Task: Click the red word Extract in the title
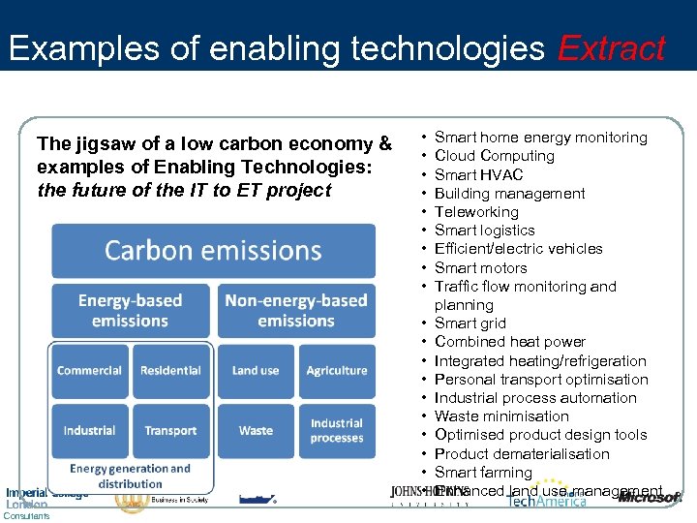pyautogui.click(x=611, y=48)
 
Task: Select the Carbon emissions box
pyautogui.click(x=213, y=251)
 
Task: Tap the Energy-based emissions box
pyautogui.click(x=130, y=311)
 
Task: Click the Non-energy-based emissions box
pyautogui.click(x=296, y=311)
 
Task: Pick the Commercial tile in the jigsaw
pyautogui.click(x=89, y=371)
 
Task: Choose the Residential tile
pyautogui.click(x=170, y=371)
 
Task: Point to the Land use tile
pyautogui.click(x=256, y=371)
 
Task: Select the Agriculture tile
pyautogui.click(x=337, y=371)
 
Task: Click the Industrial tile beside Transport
pyautogui.click(x=89, y=431)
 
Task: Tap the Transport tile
pyautogui.click(x=170, y=431)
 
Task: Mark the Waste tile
pyautogui.click(x=256, y=431)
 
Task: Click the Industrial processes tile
pyautogui.click(x=337, y=431)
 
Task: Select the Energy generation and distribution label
pyautogui.click(x=130, y=476)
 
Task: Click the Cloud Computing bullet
pyautogui.click(x=494, y=156)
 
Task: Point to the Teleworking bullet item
pyautogui.click(x=476, y=212)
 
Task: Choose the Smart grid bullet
pyautogui.click(x=470, y=323)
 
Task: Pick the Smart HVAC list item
pyautogui.click(x=478, y=174)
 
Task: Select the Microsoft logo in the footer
pyautogui.click(x=651, y=498)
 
